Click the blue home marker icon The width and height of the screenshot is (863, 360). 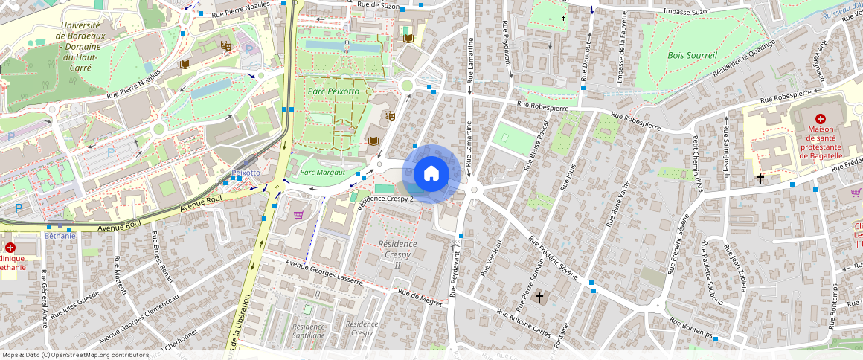pyautogui.click(x=431, y=174)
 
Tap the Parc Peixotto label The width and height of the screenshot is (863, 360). pyautogui.click(x=332, y=91)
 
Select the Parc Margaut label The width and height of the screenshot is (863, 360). pyautogui.click(x=322, y=172)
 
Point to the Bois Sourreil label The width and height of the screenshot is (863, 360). pyautogui.click(x=692, y=55)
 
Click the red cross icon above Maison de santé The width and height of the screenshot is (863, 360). pyautogui.click(x=820, y=118)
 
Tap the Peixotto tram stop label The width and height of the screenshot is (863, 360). pyautogui.click(x=246, y=173)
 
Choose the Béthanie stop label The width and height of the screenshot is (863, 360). pyautogui.click(x=60, y=236)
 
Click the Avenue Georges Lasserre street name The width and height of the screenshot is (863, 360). pyautogui.click(x=325, y=272)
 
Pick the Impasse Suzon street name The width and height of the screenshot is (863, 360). pyautogui.click(x=687, y=13)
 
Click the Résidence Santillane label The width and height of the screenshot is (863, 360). pyautogui.click(x=309, y=330)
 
